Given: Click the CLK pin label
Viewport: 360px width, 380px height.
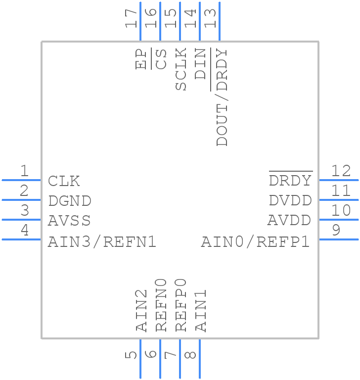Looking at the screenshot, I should (x=64, y=181).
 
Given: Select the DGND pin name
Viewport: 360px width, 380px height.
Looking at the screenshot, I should (x=70, y=201).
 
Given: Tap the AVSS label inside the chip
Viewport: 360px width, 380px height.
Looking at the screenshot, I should (x=69, y=220).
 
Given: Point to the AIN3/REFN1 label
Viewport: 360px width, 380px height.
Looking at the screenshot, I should (x=102, y=242).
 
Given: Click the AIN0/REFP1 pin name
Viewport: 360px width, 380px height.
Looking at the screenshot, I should (x=255, y=242).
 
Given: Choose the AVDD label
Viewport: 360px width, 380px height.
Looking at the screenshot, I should (x=289, y=220).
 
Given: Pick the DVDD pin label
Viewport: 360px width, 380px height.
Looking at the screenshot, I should (x=290, y=201).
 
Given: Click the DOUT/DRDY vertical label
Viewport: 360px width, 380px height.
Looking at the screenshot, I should (x=222, y=97).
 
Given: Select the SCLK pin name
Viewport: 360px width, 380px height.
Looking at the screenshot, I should (x=181, y=69).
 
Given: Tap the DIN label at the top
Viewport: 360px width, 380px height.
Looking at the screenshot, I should (x=200, y=64).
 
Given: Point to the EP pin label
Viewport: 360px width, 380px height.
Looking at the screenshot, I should (x=141, y=59).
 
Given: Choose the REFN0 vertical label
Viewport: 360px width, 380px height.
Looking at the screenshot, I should (x=162, y=304).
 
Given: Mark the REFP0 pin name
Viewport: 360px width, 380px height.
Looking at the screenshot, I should (x=181, y=304).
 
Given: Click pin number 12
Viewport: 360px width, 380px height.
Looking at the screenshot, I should (x=341, y=171).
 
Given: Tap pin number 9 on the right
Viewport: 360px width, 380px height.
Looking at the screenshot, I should (x=336, y=230).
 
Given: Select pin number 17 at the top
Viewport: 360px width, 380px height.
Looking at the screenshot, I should (x=132, y=18).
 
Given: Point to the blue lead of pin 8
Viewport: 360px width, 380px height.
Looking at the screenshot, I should (x=200, y=358).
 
